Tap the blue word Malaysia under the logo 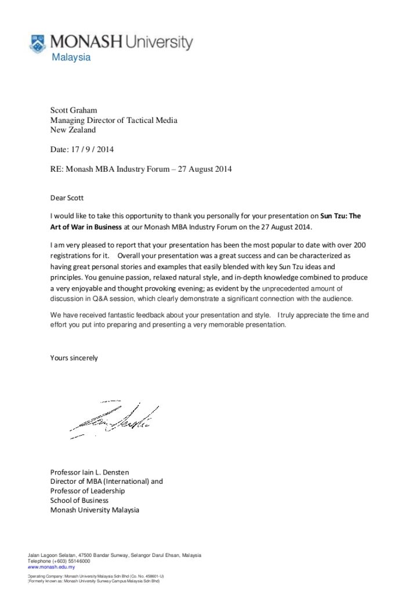[71, 57]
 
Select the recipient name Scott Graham [74, 110]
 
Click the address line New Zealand [73, 130]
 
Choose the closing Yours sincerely [74, 357]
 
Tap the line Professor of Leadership [88, 491]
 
